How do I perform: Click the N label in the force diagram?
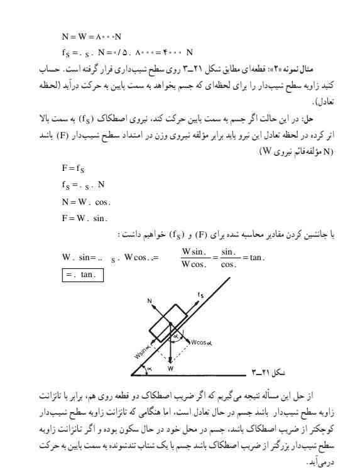click(149, 301)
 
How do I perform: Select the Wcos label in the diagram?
click(204, 343)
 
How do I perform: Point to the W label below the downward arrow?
click(171, 367)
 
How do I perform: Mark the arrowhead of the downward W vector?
click(170, 360)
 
